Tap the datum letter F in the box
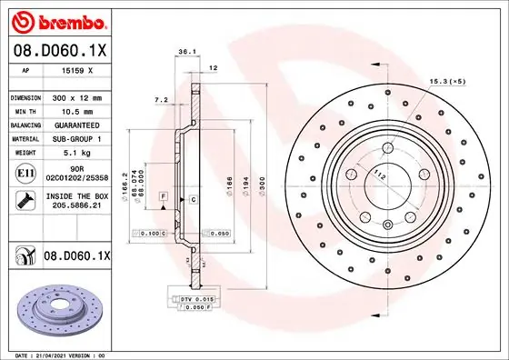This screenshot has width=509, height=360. tap(163, 196)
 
